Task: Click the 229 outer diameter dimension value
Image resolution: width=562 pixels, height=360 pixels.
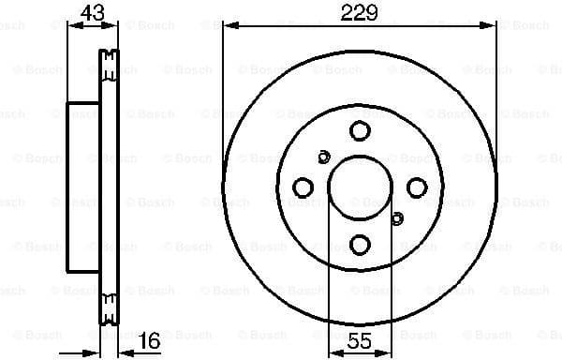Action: tap(359, 12)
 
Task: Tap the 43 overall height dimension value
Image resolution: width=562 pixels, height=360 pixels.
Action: tap(92, 12)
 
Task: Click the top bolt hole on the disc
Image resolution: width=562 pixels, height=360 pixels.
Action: tap(359, 131)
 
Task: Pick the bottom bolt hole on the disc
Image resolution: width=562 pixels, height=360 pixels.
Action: tap(359, 246)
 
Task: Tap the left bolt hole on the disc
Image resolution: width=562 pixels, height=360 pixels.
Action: tap(303, 188)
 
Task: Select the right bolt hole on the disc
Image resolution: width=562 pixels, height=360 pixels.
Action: tap(416, 188)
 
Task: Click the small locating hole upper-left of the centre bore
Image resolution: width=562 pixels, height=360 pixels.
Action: tap(324, 157)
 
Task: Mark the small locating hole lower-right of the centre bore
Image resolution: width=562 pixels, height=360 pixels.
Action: tap(395, 219)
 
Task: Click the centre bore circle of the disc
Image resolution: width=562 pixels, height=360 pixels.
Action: tap(359, 188)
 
